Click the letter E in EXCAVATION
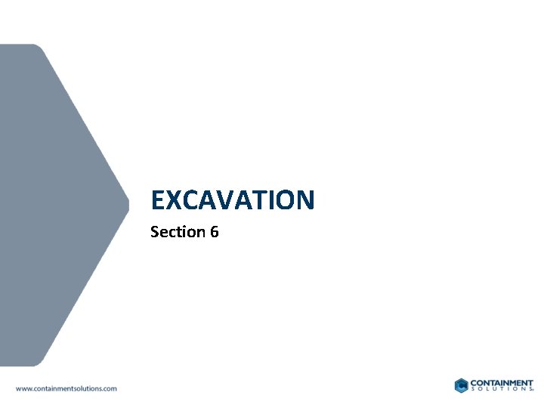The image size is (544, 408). [x=158, y=200]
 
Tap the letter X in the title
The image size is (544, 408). [x=173, y=200]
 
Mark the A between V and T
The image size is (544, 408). [x=240, y=200]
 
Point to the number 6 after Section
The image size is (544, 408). [x=215, y=232]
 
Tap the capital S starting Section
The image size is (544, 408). [x=155, y=232]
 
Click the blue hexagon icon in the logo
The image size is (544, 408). [x=462, y=385]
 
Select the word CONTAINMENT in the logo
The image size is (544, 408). [x=502, y=382]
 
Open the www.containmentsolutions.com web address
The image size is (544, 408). [x=66, y=388]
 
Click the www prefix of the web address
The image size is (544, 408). [x=23, y=388]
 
